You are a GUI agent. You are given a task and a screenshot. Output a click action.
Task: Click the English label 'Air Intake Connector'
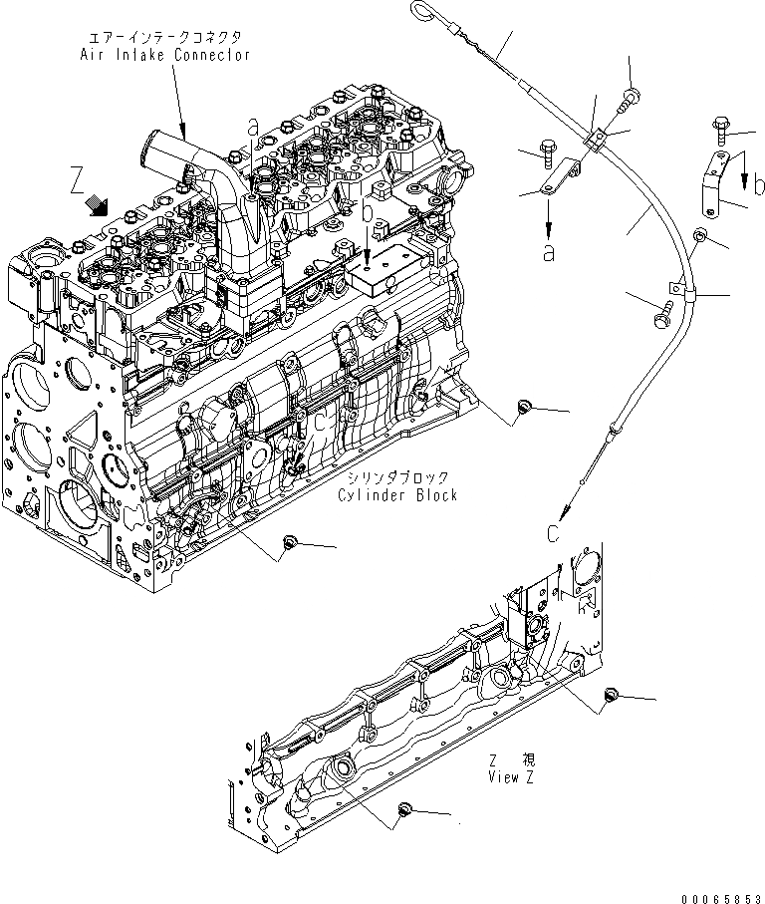tap(164, 55)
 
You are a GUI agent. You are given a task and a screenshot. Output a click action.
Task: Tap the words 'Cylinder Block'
tap(396, 495)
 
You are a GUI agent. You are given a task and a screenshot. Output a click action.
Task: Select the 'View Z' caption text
tap(511, 777)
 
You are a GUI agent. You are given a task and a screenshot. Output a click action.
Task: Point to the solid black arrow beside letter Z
tap(99, 204)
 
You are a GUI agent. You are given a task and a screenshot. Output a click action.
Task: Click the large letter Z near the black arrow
tap(77, 182)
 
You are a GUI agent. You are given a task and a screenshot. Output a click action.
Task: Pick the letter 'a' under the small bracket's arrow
tap(548, 253)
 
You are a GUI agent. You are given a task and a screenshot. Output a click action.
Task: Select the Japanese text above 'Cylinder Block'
tap(398, 477)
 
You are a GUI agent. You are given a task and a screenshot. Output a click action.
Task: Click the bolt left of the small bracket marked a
tap(545, 150)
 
